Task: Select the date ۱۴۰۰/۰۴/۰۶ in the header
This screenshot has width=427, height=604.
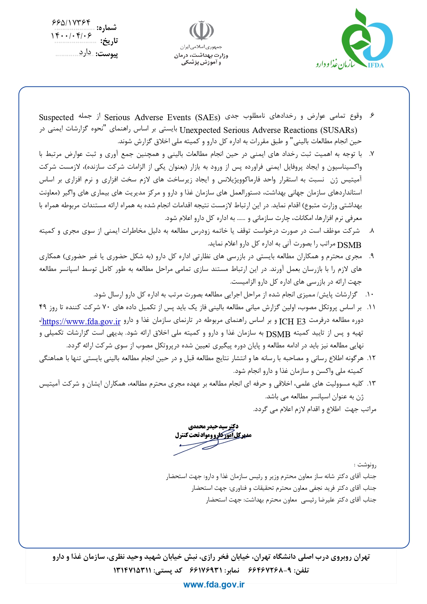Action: (72, 35)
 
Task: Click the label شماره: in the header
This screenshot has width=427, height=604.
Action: (107, 28)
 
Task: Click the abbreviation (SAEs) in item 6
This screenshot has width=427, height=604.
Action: (207, 117)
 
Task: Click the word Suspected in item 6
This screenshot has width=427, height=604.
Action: (56, 117)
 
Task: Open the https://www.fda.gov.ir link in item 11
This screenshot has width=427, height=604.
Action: (81, 322)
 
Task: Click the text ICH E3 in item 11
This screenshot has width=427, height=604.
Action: (292, 322)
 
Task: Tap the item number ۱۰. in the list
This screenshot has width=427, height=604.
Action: (370, 295)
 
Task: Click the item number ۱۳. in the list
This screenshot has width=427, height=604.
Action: (371, 384)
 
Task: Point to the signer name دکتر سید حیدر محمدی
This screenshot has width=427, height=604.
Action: (213, 427)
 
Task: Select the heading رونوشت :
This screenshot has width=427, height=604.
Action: (367, 465)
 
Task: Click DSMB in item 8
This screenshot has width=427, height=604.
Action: (349, 245)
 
